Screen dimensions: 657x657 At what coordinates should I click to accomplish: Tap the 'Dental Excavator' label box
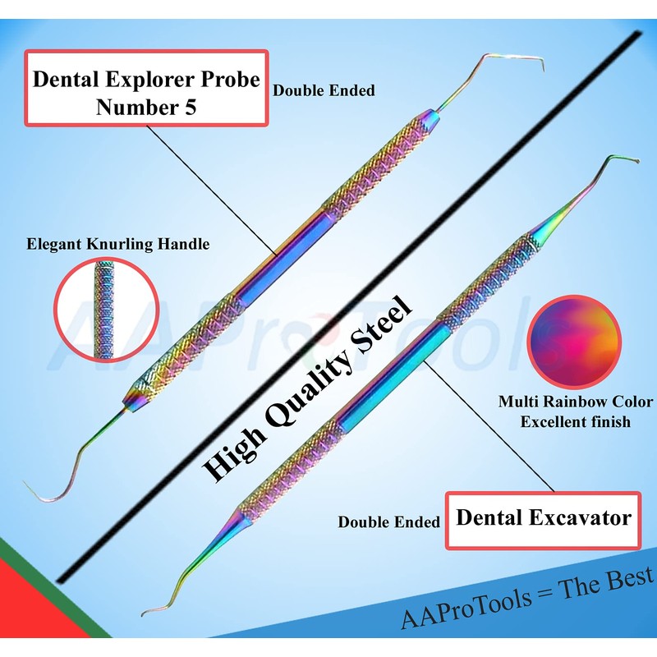(x=543, y=519)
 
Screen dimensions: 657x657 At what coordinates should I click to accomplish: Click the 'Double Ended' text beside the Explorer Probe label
(x=324, y=90)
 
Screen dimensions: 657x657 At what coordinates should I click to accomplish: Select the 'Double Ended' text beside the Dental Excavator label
(x=389, y=521)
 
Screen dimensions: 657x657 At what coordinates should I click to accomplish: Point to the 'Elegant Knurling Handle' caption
(x=117, y=243)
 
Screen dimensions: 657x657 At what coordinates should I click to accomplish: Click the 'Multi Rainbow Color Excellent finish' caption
(x=576, y=412)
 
